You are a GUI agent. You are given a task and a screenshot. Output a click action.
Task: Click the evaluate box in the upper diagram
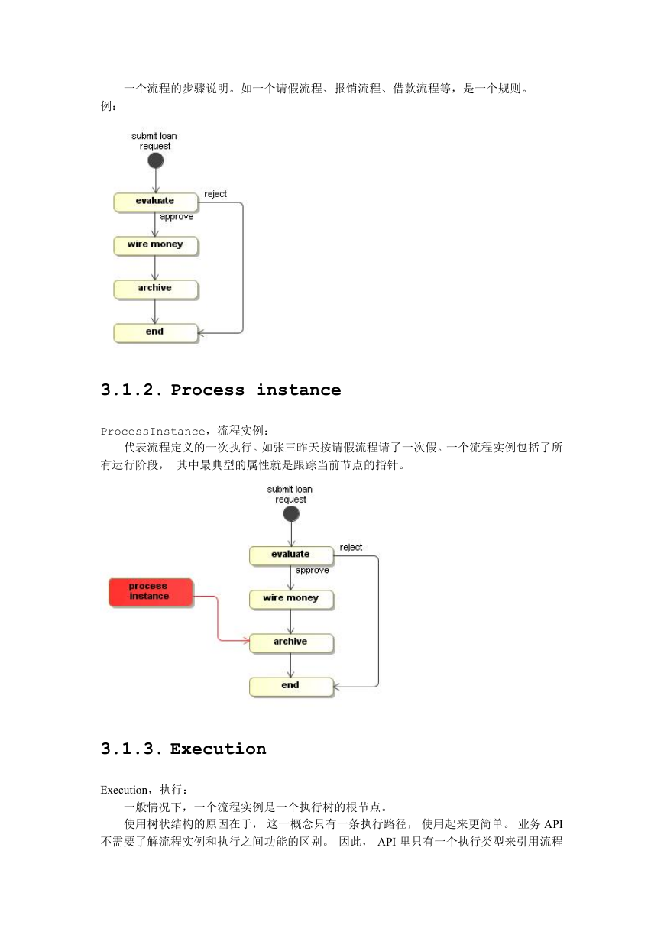point(155,202)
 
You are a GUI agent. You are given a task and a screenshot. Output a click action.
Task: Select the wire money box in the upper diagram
point(155,246)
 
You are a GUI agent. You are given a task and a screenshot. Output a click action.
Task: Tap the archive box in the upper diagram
point(155,289)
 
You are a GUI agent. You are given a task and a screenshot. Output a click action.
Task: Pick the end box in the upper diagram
point(155,333)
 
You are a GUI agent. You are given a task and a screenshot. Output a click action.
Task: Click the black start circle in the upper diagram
point(155,160)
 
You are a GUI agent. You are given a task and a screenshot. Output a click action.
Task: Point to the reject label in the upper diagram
point(215,194)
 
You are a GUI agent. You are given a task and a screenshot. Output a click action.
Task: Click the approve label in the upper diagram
point(177,217)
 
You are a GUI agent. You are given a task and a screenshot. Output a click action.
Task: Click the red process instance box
point(151,593)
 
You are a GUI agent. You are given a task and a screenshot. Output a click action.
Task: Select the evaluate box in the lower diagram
point(291,556)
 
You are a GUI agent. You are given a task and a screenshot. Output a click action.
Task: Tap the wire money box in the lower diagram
point(291,600)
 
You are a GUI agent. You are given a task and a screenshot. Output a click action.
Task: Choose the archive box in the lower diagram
point(291,643)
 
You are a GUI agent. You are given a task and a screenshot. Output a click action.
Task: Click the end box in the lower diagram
point(291,687)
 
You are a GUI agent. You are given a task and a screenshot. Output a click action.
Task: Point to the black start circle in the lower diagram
point(291,514)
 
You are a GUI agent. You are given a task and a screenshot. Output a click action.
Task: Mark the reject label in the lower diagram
point(351,548)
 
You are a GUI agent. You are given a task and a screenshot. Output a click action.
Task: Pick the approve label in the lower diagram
point(312,571)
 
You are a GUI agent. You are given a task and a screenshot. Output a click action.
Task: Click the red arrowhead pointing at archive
point(246,640)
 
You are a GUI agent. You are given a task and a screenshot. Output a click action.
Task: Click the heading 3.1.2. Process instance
point(221,390)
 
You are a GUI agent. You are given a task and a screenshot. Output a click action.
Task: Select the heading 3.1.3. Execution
point(183,749)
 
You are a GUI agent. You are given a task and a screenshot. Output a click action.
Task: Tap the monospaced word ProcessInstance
point(153,432)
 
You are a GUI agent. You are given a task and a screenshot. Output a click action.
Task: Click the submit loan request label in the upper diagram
point(154,141)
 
